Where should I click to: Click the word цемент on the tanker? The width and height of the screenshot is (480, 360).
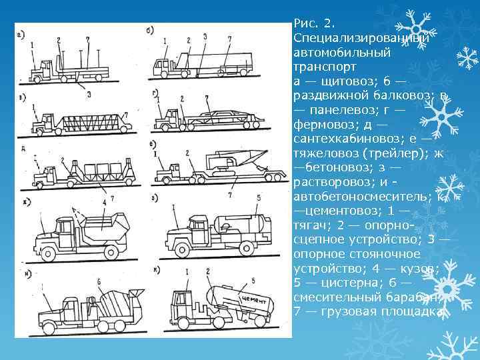(x=255, y=301)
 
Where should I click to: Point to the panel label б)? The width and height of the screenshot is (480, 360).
(x=149, y=30)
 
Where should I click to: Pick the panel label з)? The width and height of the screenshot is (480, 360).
(x=154, y=199)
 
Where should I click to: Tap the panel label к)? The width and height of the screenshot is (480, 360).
(x=154, y=270)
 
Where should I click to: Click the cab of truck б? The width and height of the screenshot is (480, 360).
(x=163, y=67)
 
